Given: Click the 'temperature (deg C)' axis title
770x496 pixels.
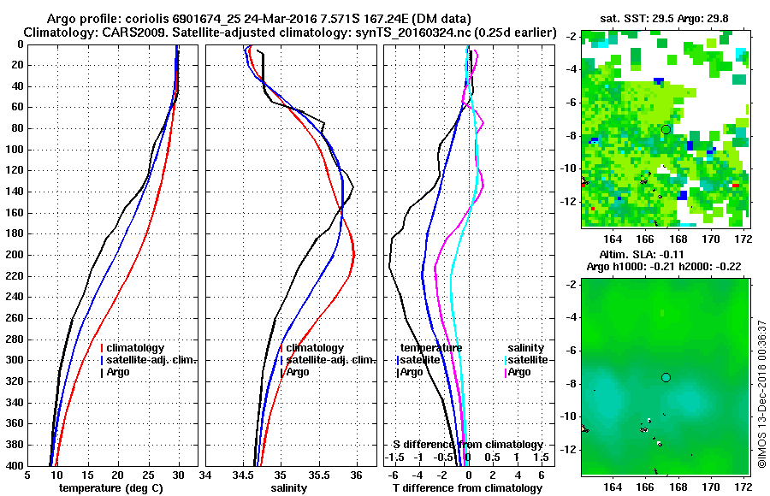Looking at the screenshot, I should click(x=110, y=487).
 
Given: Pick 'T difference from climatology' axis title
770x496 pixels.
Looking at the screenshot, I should click(x=468, y=487).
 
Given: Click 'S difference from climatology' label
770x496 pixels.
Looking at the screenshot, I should click(x=468, y=445).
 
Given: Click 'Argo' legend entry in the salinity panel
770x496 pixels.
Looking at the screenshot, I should click(x=298, y=372).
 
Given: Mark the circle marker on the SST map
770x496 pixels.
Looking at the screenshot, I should click(x=666, y=129).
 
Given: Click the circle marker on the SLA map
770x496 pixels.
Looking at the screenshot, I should click(x=666, y=377).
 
